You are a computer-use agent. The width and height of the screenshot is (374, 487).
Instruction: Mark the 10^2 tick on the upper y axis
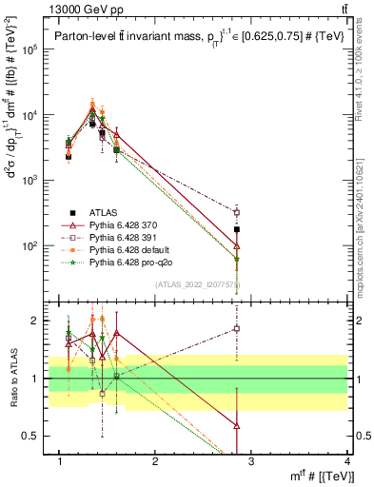(32, 245)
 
